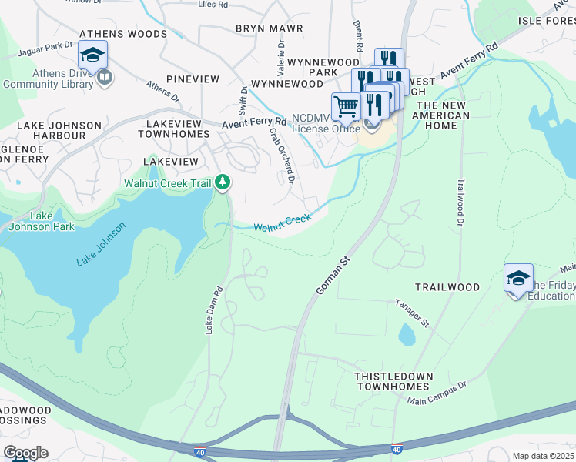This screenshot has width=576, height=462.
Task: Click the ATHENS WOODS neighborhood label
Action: tap(122, 34)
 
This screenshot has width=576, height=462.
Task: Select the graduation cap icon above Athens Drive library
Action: tap(92, 55)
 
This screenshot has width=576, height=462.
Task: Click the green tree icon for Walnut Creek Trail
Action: tap(223, 182)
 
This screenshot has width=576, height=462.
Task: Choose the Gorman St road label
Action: tap(333, 275)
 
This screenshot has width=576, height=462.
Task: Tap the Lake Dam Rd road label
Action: tap(213, 310)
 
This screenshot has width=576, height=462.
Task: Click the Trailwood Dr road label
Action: tap(462, 203)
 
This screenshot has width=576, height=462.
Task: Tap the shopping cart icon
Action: tap(346, 106)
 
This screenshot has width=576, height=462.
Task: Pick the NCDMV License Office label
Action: tap(326, 123)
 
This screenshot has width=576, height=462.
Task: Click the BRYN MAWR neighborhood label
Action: tap(269, 28)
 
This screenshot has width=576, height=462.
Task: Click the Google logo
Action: tap(25, 453)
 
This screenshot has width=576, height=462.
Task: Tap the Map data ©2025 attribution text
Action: tap(543, 456)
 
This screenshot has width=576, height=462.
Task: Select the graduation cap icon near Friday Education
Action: tap(518, 278)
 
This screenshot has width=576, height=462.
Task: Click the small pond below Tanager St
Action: tap(407, 335)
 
